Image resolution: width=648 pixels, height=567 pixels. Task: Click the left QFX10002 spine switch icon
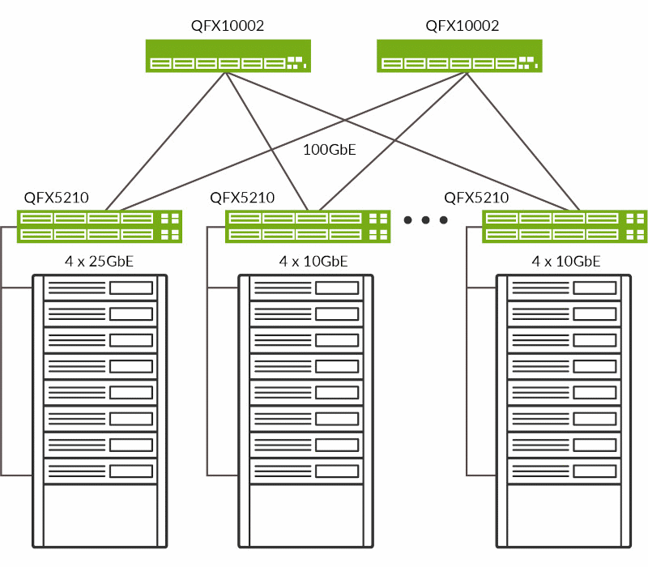coord(228,56)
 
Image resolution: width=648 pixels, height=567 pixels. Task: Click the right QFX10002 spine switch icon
coord(460,56)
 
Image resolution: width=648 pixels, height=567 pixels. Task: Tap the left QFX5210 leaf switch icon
coord(100,226)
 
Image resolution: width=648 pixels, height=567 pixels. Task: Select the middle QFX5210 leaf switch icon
coord(308,226)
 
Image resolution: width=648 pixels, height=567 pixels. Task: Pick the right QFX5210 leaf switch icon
coord(565,226)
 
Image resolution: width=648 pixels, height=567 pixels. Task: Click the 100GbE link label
coord(330,149)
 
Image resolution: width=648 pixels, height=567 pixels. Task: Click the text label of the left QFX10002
coord(228,26)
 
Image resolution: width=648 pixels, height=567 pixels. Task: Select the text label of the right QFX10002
coord(463,26)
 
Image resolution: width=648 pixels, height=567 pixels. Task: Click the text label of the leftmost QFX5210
coord(57,198)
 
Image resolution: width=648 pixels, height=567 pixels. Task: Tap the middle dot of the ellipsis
coord(425,220)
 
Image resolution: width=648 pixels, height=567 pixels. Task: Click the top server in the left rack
coord(100,288)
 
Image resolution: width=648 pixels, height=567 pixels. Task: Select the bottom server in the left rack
coord(100,471)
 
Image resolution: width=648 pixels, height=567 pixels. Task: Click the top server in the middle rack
coord(305,288)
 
